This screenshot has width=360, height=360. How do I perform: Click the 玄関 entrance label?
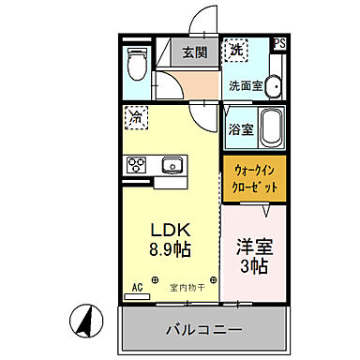pos(195,52)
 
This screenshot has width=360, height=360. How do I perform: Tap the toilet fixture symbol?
pos(135,64)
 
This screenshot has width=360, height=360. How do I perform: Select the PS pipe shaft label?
pos(279,43)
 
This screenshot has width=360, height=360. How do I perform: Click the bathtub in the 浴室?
pos(271,126)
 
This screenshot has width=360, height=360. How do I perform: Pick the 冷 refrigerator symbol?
pos(137,118)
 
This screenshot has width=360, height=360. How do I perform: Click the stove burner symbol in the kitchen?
pos(136,166)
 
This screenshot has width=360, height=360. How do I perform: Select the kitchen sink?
pos(172,167)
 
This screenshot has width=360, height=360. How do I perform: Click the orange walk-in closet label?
pos(254,177)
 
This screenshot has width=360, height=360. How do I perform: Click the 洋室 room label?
pos(253,247)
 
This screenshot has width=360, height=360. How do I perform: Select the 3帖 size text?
pos(253,268)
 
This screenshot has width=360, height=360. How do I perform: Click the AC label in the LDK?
pos(135,286)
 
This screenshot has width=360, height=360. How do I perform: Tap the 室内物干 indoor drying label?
pos(186,287)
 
